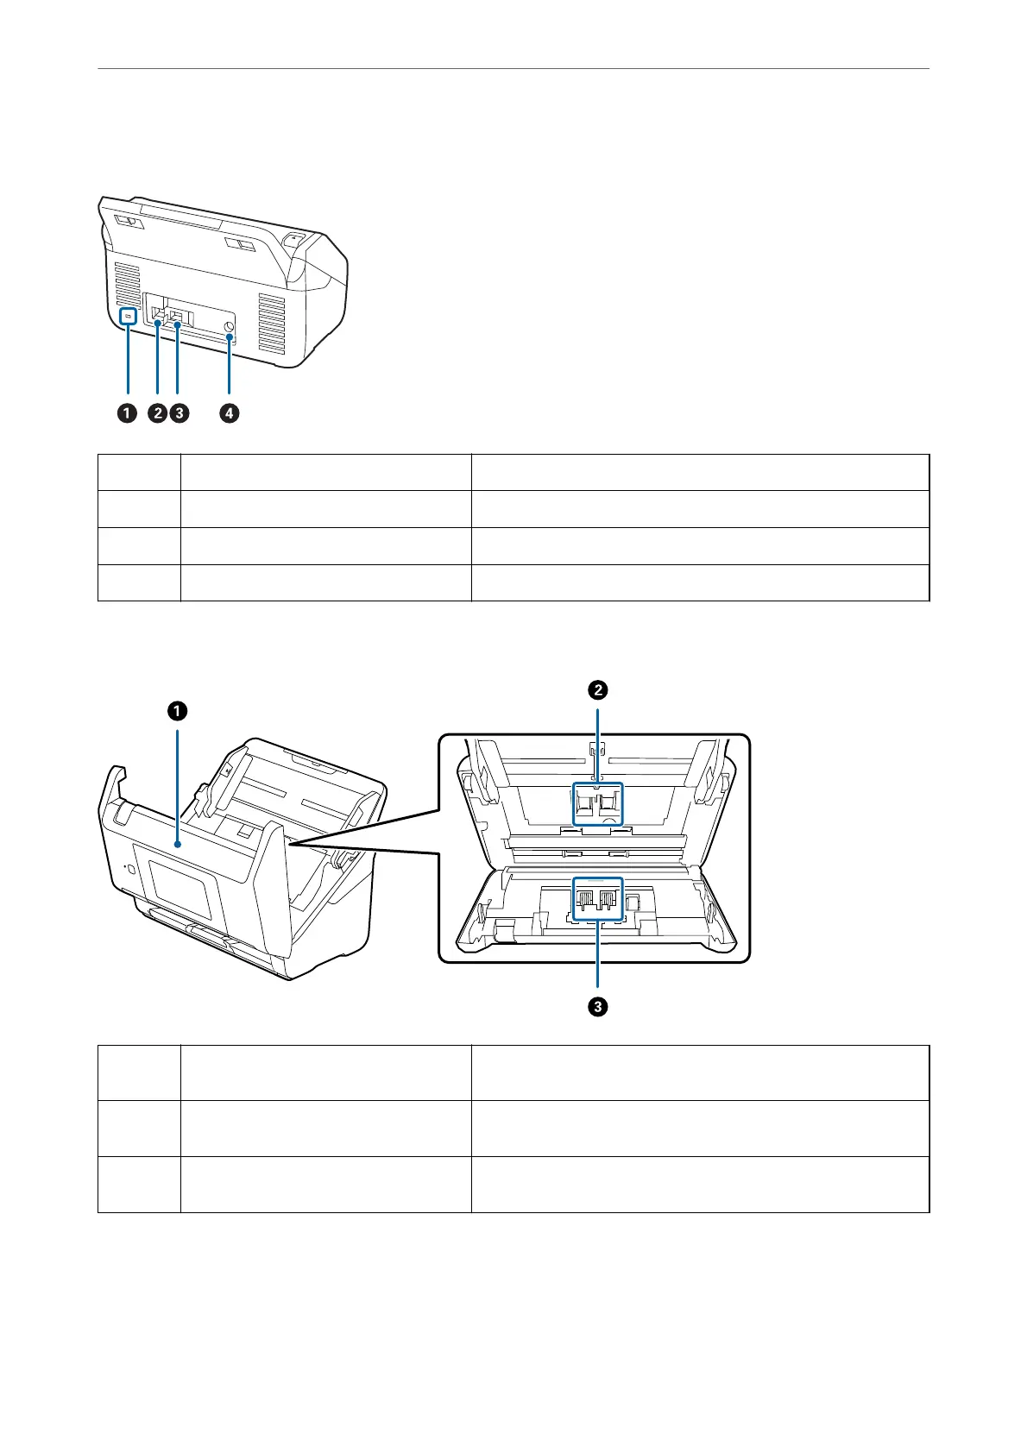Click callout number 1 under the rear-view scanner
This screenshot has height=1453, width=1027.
pos(127,413)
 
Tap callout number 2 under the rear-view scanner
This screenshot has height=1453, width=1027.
pos(157,413)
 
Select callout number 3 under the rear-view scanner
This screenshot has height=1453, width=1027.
pos(179,413)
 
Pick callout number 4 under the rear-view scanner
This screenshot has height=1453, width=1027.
pos(229,413)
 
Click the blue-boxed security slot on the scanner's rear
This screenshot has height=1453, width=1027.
pos(128,317)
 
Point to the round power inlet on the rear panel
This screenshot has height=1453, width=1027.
pos(230,328)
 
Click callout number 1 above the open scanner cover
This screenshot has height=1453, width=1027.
pos(177,711)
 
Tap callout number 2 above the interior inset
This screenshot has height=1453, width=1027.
pos(597,689)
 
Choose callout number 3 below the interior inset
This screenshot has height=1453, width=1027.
pos(597,1006)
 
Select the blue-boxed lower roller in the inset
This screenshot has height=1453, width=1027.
pos(598,899)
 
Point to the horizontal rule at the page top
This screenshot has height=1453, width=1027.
pos(513,69)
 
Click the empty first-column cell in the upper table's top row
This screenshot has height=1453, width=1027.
pos(139,472)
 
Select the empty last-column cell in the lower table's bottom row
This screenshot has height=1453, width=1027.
pos(700,1185)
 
